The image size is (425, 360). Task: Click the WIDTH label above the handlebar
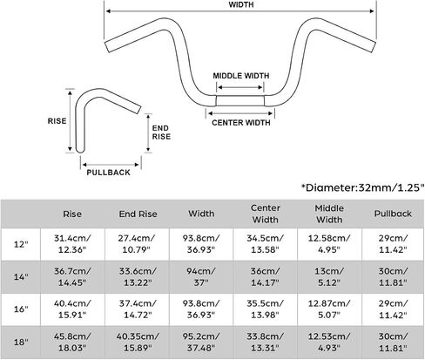[x=241, y=4]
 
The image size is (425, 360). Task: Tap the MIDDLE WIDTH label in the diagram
[x=241, y=76]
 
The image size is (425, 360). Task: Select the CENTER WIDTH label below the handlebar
[x=241, y=123]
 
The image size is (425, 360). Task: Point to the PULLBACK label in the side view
[x=109, y=173]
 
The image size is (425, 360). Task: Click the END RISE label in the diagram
[x=161, y=132]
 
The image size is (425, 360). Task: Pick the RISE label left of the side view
[x=57, y=121]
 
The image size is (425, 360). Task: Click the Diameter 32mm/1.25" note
[x=362, y=187]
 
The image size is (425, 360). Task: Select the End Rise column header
[x=138, y=214]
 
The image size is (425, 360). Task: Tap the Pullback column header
[x=393, y=214]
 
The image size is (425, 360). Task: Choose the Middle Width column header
[x=329, y=214]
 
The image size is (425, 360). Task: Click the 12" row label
[x=21, y=244]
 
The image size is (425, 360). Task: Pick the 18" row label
[x=21, y=342]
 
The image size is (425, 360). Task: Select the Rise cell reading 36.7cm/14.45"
[x=72, y=276]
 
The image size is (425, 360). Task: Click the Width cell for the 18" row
[x=201, y=342]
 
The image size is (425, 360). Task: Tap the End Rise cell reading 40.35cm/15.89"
[x=138, y=342]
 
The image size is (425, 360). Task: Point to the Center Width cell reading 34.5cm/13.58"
[x=265, y=244]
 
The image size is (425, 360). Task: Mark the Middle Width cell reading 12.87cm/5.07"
[x=329, y=309]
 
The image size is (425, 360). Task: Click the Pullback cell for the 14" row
[x=393, y=276]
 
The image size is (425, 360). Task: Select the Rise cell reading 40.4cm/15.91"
[x=72, y=309]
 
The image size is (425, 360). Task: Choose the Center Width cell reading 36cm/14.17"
[x=265, y=276]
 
